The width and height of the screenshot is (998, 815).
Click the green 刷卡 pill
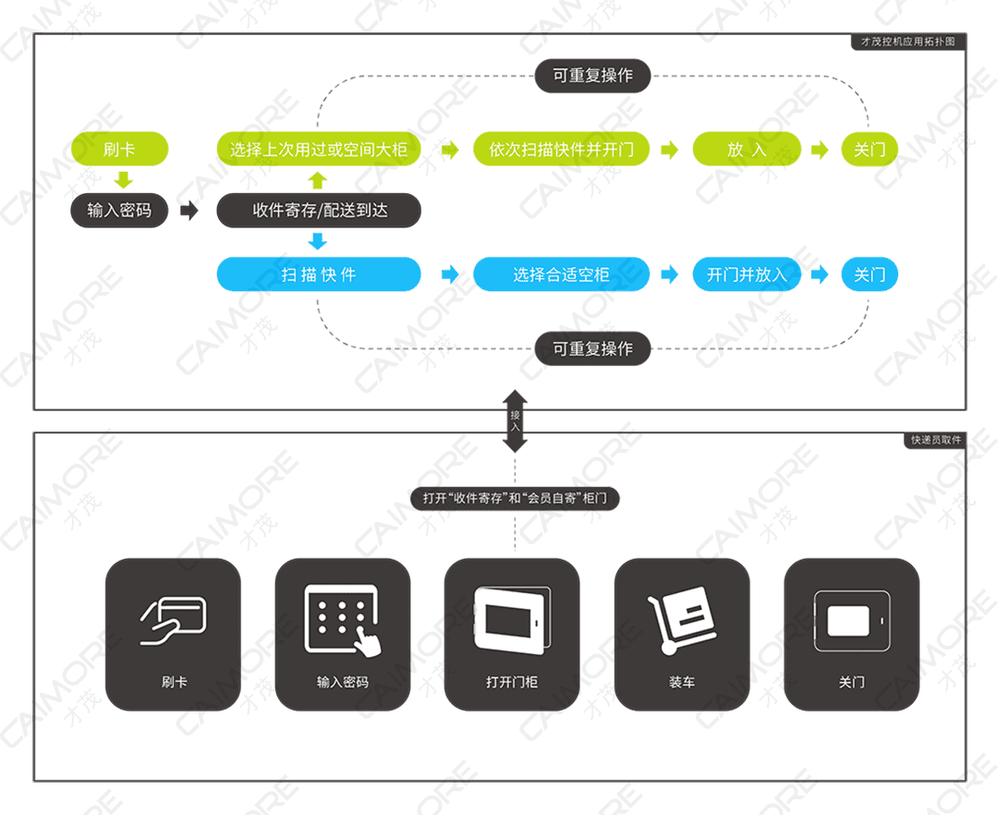pos(120,149)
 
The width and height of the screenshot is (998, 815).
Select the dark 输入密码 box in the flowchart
pos(120,211)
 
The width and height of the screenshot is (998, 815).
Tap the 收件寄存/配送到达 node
pos(319,211)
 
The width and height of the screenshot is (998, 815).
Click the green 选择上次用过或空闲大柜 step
pos(319,149)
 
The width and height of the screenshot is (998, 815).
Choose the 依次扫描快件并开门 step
pos(561,149)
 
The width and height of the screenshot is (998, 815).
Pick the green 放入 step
pos(747,149)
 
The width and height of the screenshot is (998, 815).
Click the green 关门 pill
pos(869,149)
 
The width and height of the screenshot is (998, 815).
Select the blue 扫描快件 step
pos(319,274)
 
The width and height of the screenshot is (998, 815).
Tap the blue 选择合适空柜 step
pos(561,274)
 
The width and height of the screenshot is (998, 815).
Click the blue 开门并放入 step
pos(747,274)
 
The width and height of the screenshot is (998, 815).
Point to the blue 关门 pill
pos(869,274)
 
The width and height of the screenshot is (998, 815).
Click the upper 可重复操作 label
pos(592,76)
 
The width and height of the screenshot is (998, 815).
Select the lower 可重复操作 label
pos(592,349)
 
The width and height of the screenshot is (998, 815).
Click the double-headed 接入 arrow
pos(515,420)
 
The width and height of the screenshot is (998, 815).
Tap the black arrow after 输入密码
pos(189,211)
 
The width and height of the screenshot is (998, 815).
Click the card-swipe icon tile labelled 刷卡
pos(173,634)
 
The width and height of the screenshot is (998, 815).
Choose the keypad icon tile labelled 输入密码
pos(342,634)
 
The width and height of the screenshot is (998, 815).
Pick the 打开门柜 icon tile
pos(512,634)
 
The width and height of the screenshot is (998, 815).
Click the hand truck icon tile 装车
pos(682,634)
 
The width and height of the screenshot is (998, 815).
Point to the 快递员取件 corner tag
pos(934,441)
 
